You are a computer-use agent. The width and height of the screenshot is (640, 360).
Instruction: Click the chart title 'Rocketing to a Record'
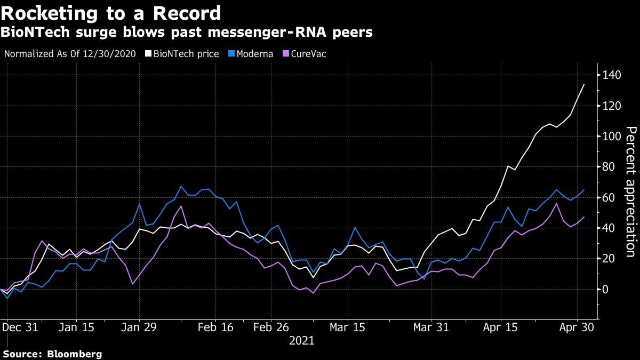click(111, 13)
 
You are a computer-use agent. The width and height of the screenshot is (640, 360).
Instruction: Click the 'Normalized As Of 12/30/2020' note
click(69, 54)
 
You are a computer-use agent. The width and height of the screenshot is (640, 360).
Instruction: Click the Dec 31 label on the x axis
click(21, 327)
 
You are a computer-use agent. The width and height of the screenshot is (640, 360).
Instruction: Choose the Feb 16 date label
click(216, 327)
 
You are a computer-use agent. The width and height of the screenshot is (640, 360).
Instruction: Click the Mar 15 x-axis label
click(347, 327)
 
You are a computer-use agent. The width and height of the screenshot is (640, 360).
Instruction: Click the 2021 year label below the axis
click(301, 340)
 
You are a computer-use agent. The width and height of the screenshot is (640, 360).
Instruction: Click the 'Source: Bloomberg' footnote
click(52, 354)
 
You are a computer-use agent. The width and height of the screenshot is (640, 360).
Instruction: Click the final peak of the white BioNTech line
click(583, 85)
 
